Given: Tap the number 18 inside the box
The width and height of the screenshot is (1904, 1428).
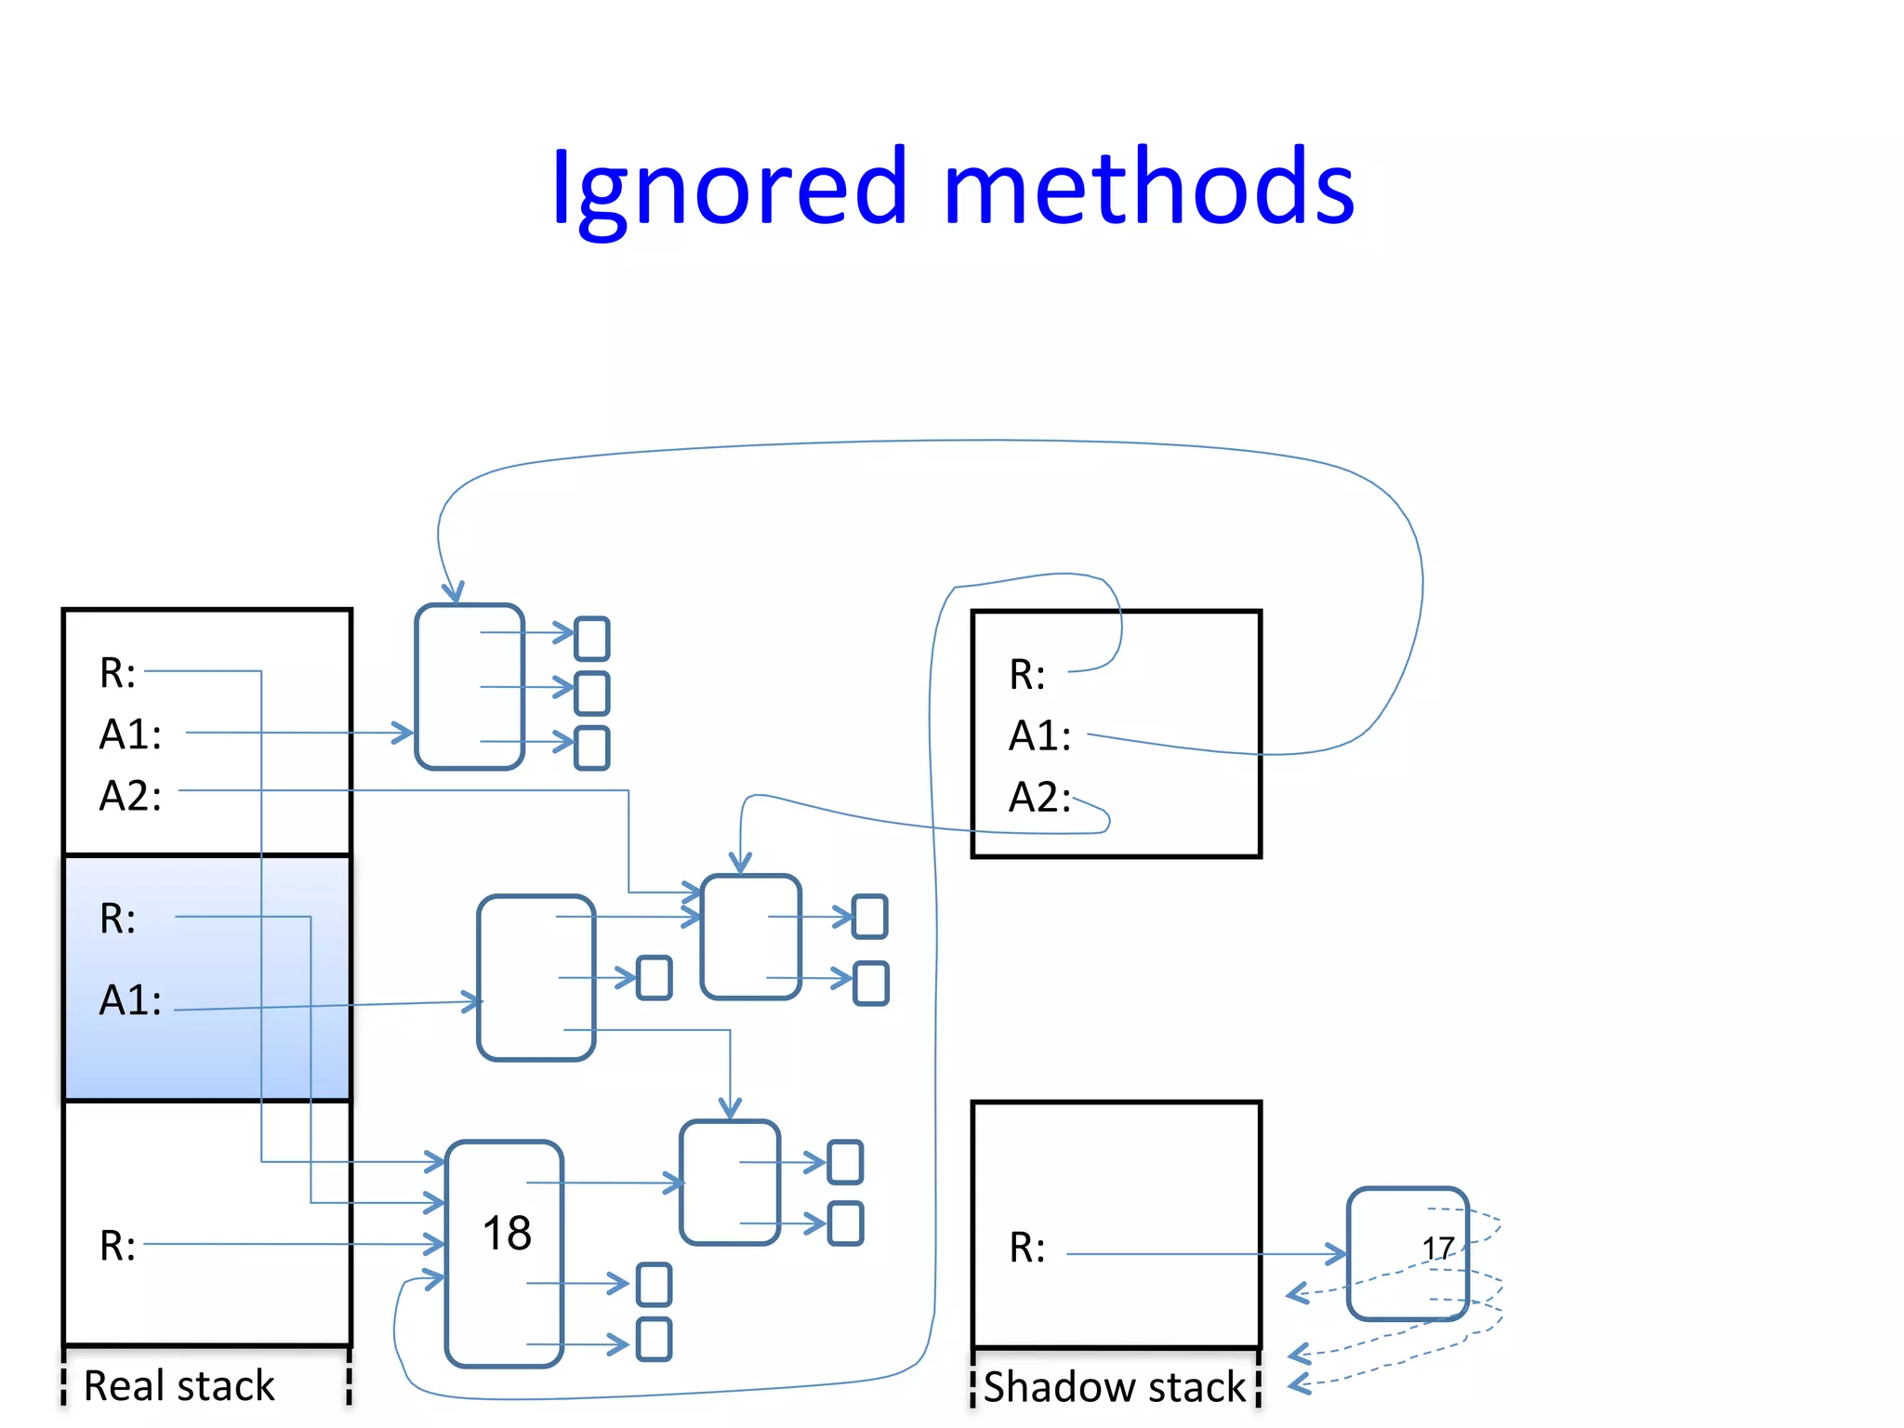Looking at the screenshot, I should (507, 1234).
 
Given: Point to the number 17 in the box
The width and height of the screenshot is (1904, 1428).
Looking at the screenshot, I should (1437, 1248).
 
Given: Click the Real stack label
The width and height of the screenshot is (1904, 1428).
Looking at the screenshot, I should (179, 1385).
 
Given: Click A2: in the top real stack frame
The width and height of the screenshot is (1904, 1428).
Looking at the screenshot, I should (130, 797).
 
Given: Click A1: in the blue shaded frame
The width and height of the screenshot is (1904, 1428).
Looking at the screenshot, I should (130, 1001).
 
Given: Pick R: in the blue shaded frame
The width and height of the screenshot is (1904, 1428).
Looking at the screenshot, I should (118, 919).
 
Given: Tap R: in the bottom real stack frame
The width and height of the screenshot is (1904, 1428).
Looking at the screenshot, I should (118, 1246).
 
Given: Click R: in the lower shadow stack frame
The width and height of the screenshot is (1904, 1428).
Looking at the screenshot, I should (1027, 1248).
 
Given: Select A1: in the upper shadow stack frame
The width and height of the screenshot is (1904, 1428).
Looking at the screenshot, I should (1040, 736).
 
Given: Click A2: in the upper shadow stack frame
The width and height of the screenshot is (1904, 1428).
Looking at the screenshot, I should (1040, 798).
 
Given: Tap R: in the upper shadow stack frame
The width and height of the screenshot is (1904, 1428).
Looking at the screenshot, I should (1027, 675).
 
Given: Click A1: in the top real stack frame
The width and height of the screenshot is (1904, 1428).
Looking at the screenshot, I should (130, 734).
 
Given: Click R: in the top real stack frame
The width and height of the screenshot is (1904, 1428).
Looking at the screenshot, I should (118, 673).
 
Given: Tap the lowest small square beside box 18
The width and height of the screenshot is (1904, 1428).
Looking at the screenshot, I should (654, 1339).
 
